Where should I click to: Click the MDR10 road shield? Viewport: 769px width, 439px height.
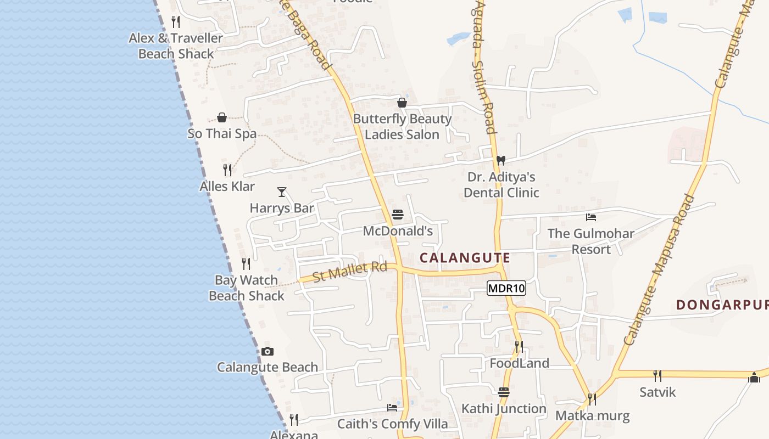[506, 288]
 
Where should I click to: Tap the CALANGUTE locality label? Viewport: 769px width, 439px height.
[465, 258]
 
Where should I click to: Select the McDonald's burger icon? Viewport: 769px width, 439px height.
[398, 215]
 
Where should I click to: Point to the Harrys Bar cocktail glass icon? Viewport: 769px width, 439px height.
[282, 192]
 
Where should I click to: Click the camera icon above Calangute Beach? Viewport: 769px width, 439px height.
[268, 351]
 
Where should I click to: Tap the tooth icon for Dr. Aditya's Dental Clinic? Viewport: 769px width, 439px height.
[500, 161]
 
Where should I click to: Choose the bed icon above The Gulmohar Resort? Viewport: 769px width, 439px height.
[591, 217]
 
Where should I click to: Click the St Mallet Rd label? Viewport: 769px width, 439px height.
[350, 271]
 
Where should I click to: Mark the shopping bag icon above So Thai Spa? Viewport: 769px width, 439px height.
[222, 117]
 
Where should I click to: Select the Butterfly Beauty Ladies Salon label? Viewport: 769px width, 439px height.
[402, 127]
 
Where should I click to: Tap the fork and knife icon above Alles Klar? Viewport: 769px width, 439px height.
[227, 170]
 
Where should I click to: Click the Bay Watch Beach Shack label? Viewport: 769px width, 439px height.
[247, 288]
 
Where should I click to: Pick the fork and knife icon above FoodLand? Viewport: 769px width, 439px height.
[519, 346]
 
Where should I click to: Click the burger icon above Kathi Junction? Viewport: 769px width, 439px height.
[504, 392]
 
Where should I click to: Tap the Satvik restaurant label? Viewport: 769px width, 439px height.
[657, 392]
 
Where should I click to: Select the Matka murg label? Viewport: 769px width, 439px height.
[593, 415]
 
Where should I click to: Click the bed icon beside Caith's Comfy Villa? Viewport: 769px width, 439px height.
[392, 408]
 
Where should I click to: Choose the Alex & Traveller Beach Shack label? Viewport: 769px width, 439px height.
[176, 46]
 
